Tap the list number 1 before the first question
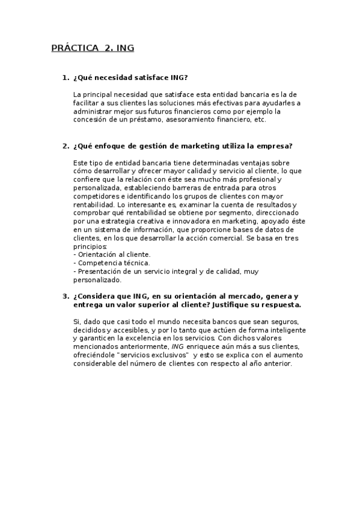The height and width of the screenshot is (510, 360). [x=65, y=78]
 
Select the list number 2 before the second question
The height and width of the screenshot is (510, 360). [x=65, y=146]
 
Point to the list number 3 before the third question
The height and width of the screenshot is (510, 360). [x=65, y=296]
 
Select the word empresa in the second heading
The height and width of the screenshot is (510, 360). [x=270, y=146]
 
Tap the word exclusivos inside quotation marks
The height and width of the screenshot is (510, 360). [x=161, y=355]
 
